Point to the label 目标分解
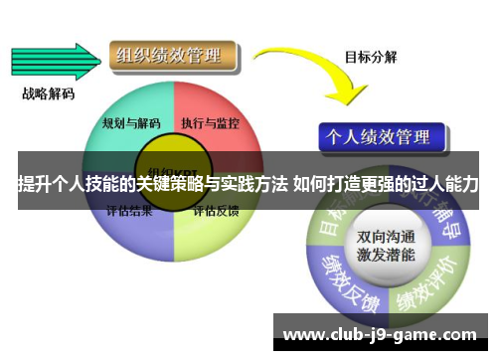click(371, 57)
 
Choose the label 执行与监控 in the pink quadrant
click(210, 123)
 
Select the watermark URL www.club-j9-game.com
click(380, 333)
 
